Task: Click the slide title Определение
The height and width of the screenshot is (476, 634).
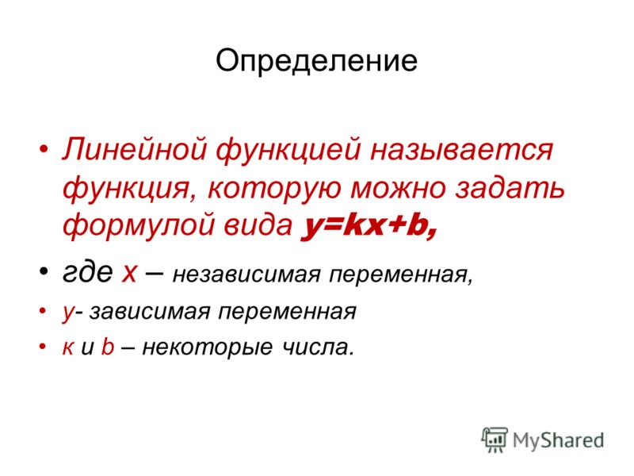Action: [x=316, y=62]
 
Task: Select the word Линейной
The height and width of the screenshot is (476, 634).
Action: [x=134, y=149]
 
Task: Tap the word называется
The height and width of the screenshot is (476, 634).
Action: [x=461, y=151]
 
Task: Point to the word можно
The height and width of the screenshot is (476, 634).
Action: [x=399, y=188]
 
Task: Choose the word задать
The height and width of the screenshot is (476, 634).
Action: [x=510, y=187]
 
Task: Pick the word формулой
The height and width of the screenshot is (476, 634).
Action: [x=138, y=225]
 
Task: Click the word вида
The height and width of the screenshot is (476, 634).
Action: [x=258, y=225]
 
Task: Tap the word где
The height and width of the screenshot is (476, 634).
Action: [x=88, y=272]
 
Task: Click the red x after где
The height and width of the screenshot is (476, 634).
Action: [x=129, y=274]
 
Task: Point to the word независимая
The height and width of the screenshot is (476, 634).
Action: [x=246, y=275]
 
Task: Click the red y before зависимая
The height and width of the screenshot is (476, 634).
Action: [x=68, y=313]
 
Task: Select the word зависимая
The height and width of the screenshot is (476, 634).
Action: [x=150, y=312]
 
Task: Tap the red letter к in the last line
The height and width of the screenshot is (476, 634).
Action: [x=68, y=348]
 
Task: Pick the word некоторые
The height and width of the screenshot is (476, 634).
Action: [x=207, y=347]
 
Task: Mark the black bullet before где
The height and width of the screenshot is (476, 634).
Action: [x=44, y=271]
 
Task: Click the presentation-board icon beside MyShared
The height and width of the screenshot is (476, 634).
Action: [x=494, y=439]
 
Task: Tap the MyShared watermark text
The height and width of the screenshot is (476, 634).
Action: [x=558, y=440]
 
